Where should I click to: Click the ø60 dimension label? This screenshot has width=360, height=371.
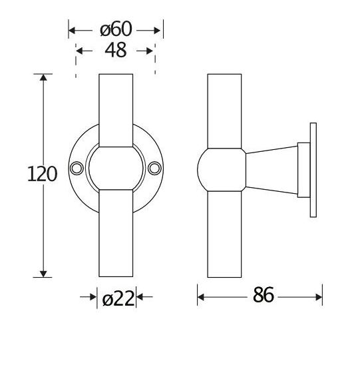[x=116, y=30]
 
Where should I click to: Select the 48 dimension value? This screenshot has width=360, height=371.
[x=116, y=51]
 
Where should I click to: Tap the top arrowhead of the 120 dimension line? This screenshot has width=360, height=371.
[x=44, y=79]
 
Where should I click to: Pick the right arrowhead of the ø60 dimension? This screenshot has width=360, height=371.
[x=158, y=30]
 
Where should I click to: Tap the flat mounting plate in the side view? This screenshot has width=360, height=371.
[x=311, y=171]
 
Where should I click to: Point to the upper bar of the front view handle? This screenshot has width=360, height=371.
[x=117, y=110]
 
